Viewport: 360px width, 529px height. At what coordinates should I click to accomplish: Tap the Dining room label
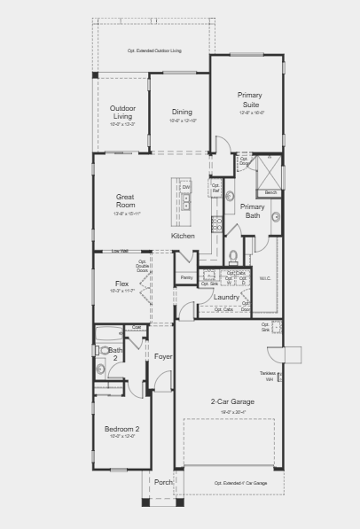(181, 113)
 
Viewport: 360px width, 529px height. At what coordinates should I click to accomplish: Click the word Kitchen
(183, 236)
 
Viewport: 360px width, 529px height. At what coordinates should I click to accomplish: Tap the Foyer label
(162, 356)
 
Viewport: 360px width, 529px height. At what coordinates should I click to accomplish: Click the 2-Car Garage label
(232, 401)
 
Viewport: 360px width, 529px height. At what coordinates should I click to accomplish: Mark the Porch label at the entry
(162, 482)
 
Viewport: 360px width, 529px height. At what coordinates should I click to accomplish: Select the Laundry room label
(226, 297)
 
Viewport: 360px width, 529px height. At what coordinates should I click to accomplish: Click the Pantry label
(186, 278)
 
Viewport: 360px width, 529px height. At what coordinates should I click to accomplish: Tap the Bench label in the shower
(270, 192)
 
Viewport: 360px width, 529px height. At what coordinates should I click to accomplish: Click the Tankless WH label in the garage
(266, 376)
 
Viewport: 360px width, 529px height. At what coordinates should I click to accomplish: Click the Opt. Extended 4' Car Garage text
(240, 483)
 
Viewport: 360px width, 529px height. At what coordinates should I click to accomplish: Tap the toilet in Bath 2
(100, 369)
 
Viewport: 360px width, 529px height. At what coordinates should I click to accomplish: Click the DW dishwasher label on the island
(186, 187)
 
